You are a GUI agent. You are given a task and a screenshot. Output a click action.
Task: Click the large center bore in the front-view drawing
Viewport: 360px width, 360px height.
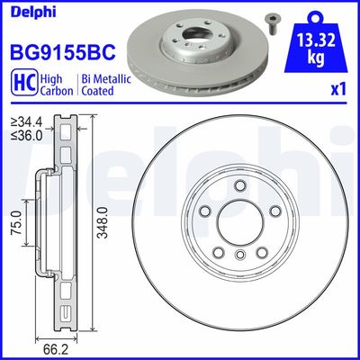pyautogui.click(x=238, y=229)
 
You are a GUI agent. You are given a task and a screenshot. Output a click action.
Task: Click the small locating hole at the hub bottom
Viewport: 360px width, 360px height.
pyautogui.click(x=238, y=256)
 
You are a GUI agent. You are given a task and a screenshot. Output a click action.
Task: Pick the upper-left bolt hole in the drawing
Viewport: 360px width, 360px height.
pyautogui.click(x=206, y=211)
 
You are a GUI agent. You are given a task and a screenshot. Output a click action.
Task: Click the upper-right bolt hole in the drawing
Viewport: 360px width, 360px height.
pyautogui.click(x=270, y=211)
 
